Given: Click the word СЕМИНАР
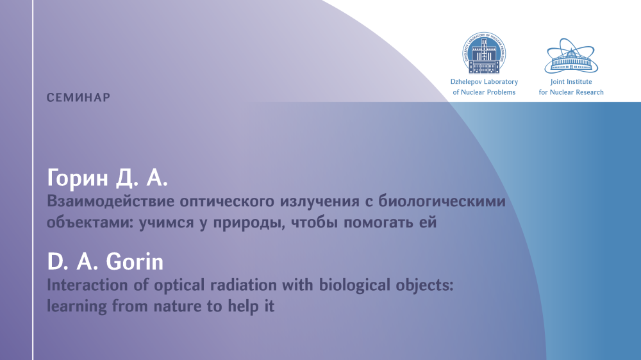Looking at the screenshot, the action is [x=78, y=97].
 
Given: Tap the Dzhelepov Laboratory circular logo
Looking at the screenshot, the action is [x=484, y=53].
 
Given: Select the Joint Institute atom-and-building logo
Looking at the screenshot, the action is [x=571, y=56].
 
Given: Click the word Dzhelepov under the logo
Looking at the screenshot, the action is [x=465, y=82].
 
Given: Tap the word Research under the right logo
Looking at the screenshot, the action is [x=588, y=92].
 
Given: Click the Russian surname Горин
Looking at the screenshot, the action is [x=78, y=178].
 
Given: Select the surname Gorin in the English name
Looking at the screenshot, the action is [x=135, y=261].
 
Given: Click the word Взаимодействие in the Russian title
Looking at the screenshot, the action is [x=110, y=201].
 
